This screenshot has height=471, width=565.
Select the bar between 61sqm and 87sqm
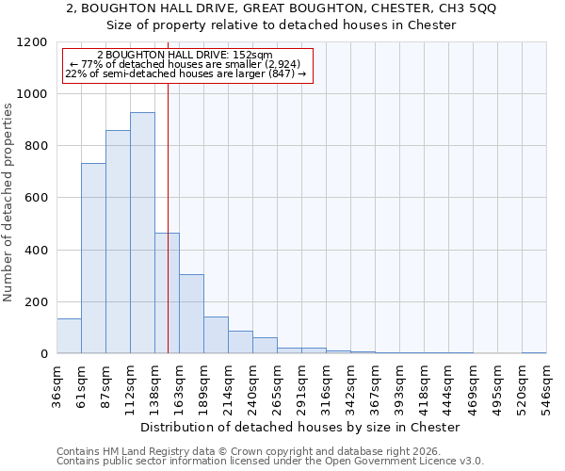[x=93, y=258]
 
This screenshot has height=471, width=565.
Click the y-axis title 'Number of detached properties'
[x=9, y=203]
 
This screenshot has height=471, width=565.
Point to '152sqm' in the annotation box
[x=252, y=56]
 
